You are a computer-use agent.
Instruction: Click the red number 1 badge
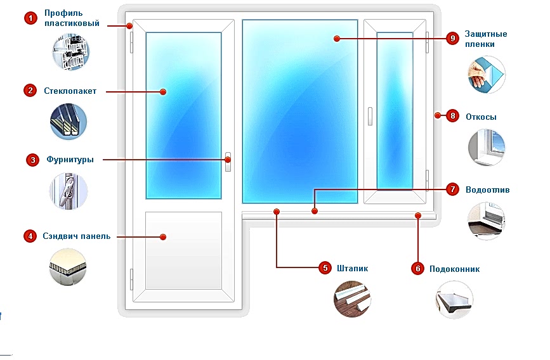[30, 18]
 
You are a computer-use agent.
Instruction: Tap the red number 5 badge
[325, 268]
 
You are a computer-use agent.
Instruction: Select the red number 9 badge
[452, 39]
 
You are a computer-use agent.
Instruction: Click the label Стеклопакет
[70, 91]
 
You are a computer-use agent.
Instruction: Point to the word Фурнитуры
[70, 160]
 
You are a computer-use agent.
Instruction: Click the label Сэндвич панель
[77, 236]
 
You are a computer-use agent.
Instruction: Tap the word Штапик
[353, 268]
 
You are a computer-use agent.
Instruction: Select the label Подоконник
[454, 269]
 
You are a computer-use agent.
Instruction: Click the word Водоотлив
[487, 190]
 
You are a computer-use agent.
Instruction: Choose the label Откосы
[481, 117]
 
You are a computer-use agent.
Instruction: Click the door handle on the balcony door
[228, 162]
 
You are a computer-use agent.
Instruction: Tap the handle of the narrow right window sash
[370, 115]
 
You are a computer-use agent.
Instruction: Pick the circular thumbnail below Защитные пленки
[487, 75]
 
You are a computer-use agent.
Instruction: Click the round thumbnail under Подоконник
[455, 299]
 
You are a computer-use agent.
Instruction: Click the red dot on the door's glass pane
[163, 92]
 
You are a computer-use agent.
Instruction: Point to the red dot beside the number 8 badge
[437, 115]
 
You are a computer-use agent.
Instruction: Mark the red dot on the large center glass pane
[336, 39]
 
